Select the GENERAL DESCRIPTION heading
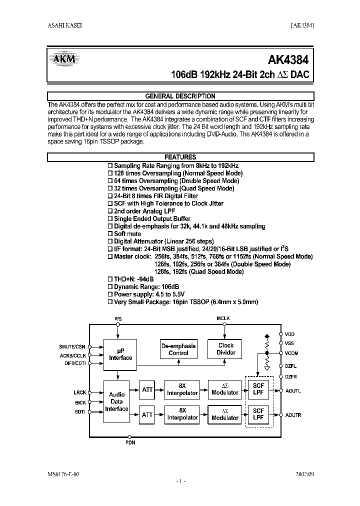180,96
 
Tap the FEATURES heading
180,157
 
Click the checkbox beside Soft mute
110,234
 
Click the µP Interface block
120,354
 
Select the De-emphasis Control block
178,349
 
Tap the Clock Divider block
226,349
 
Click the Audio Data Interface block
117,401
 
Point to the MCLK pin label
223,318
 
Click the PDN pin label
130,442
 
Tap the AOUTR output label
293,415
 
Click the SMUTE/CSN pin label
72,346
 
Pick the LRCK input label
79,393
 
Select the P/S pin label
118,318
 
